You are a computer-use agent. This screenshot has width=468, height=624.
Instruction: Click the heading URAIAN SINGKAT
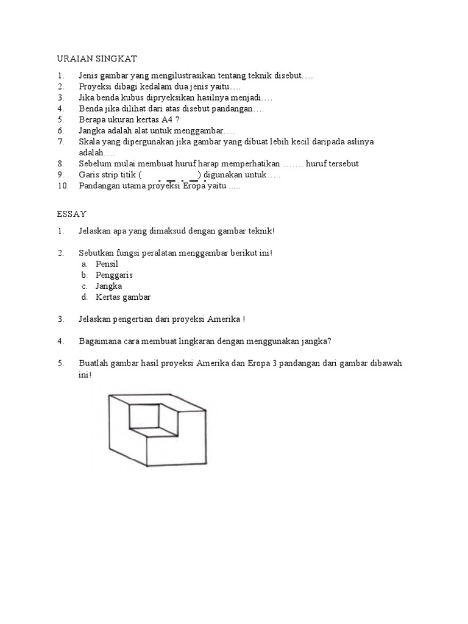97,58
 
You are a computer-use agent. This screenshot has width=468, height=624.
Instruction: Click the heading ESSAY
72,214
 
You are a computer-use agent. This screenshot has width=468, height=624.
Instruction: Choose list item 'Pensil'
107,264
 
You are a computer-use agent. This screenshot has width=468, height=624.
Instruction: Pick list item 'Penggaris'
114,275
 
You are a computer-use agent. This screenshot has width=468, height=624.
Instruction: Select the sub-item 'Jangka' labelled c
108,286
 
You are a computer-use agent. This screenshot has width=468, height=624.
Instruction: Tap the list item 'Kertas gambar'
122,297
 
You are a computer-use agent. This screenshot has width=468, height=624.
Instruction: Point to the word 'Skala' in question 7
89,141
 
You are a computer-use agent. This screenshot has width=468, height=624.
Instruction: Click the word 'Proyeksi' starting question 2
94,87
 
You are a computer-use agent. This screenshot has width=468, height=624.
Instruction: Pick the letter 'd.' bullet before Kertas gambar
85,297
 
